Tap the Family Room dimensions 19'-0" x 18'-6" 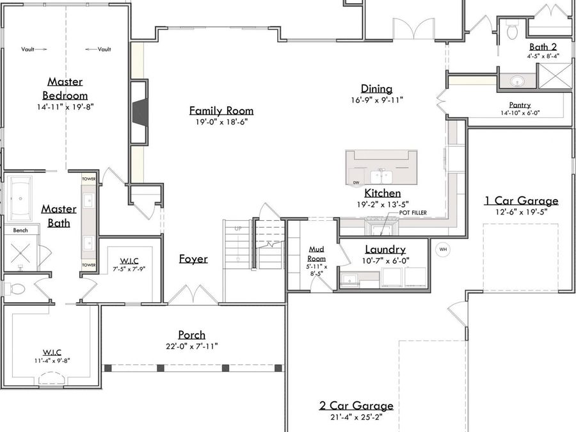221,122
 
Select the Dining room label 376,89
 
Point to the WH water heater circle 443,249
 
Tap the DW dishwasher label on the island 356,183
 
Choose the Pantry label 520,105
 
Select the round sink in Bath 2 516,81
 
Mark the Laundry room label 385,250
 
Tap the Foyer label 193,259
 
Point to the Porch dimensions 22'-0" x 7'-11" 191,346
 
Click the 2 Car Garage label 356,406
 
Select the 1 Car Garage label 521,201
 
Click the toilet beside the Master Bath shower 15,289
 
